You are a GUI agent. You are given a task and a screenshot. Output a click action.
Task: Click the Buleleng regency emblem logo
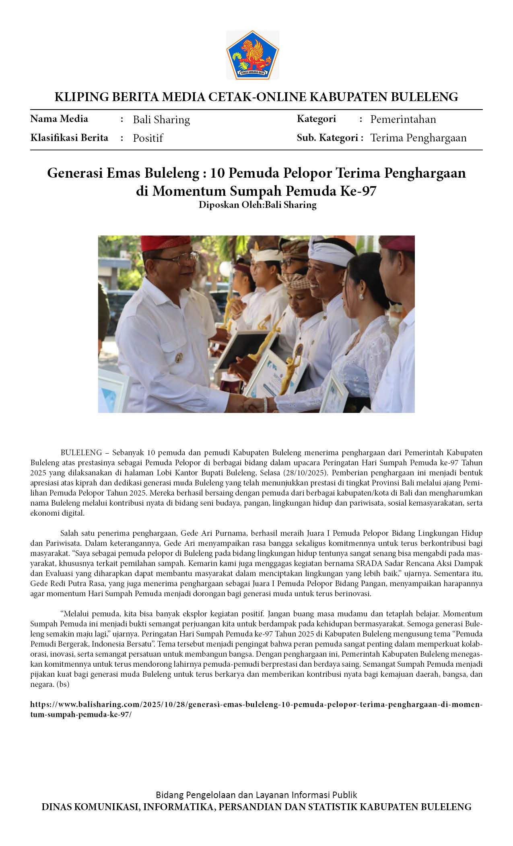coord(252,55)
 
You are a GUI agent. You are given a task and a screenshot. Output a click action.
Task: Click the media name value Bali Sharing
coord(161,120)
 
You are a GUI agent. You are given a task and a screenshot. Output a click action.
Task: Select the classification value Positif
coord(148,138)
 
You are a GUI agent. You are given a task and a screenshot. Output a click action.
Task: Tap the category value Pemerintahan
coord(403,119)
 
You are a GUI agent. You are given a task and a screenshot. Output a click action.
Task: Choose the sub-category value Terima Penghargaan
coord(418,138)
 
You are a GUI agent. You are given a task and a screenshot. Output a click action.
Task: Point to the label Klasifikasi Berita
coord(69,138)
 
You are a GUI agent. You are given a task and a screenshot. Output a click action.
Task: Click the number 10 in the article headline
coord(217,173)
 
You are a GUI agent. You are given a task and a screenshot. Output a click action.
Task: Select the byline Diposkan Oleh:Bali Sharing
coord(258,205)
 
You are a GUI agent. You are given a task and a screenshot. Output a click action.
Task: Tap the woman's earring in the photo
coord(361,297)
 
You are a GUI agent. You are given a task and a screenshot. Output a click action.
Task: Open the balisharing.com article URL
coord(256,705)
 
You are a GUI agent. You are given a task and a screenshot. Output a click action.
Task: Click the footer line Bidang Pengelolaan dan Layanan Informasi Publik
coord(256,795)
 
